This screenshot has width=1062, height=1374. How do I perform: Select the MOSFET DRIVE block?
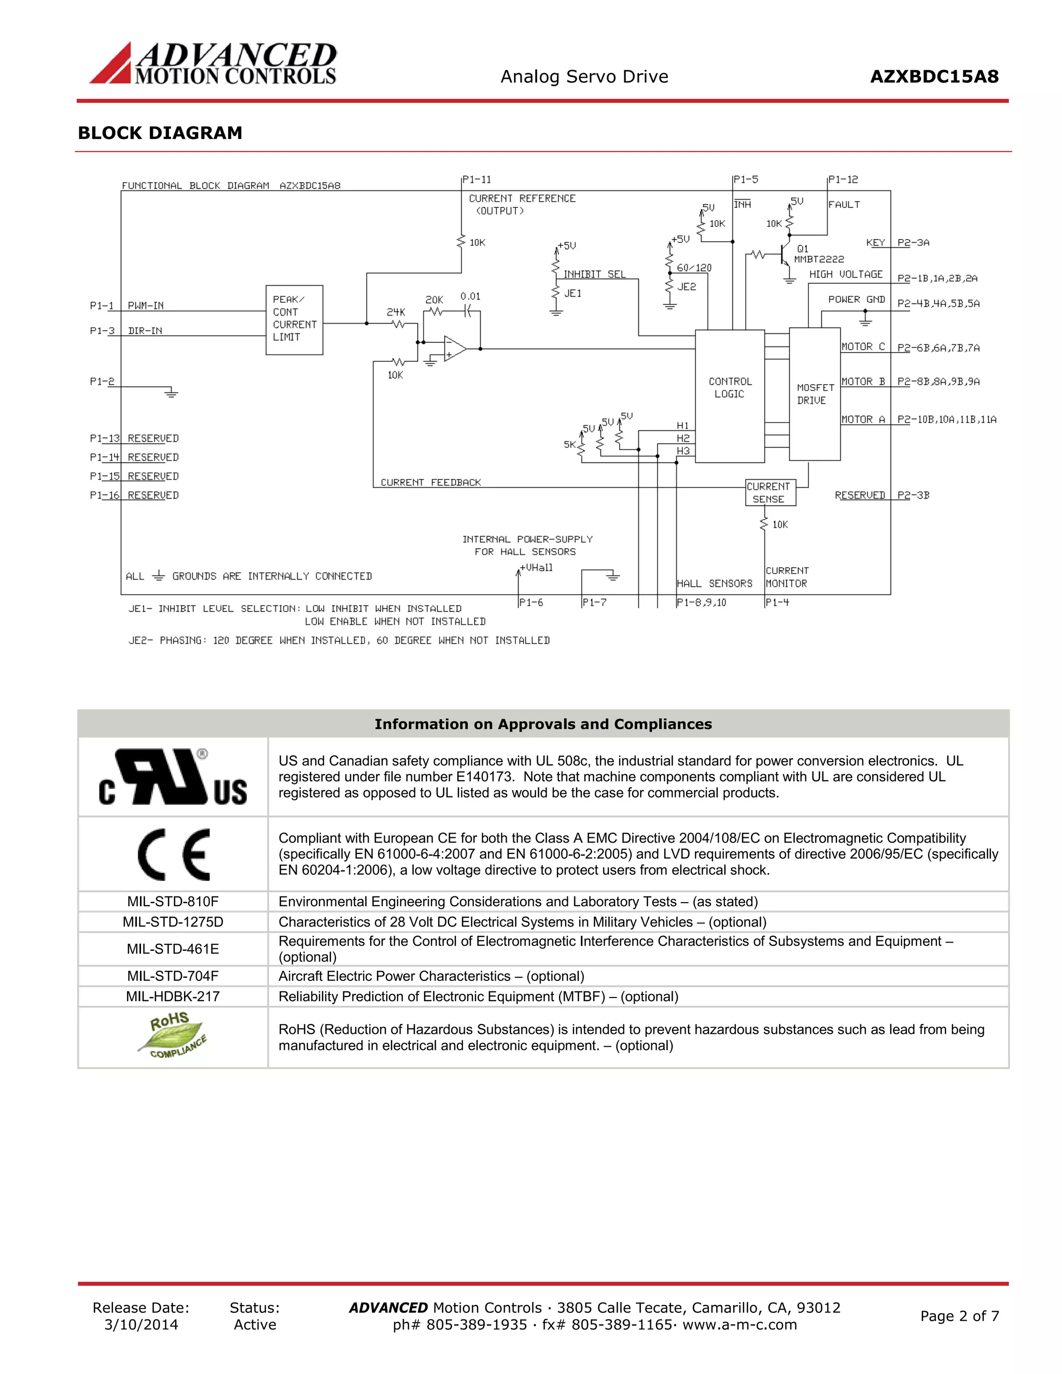(x=814, y=394)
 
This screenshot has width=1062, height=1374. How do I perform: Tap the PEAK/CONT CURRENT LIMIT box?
(x=294, y=319)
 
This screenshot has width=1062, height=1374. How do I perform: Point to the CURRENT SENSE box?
(x=770, y=493)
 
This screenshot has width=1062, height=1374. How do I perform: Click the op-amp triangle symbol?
(x=454, y=348)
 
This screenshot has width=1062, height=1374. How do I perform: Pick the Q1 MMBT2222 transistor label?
(x=817, y=254)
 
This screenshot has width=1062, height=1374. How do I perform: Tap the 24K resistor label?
(x=396, y=312)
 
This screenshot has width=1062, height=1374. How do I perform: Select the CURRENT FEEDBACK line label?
(x=430, y=483)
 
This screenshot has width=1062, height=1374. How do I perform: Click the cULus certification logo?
(x=173, y=777)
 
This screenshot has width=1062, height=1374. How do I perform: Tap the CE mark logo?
(x=174, y=854)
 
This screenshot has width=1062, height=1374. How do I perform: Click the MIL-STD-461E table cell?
(x=173, y=949)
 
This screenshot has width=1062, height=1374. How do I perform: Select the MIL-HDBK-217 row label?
(x=173, y=997)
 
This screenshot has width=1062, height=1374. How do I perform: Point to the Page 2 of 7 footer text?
(x=959, y=1316)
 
